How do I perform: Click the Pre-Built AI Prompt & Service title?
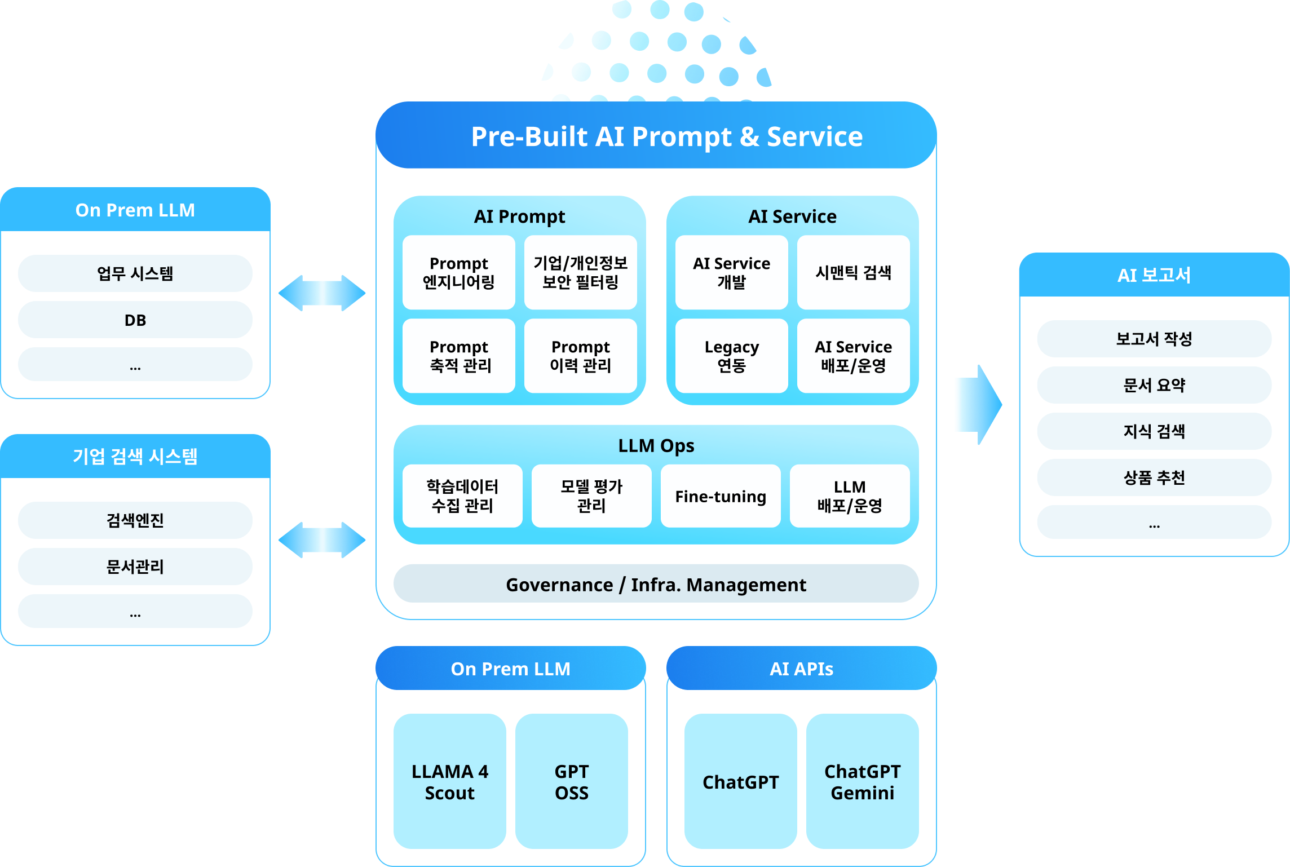[666, 136]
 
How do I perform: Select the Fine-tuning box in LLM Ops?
[721, 496]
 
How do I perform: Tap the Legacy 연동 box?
[731, 356]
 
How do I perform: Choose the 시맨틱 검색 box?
[853, 272]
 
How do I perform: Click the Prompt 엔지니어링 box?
[458, 272]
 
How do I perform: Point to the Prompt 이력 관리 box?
[580, 356]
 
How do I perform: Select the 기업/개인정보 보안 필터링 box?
[580, 272]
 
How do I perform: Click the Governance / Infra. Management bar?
[656, 584]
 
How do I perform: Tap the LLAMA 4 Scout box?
[449, 781]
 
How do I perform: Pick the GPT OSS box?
[571, 781]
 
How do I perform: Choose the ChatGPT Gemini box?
[862, 781]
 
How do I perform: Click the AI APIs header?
[801, 669]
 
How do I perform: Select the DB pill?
[135, 320]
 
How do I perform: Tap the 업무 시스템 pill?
[135, 273]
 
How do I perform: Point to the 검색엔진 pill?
[135, 520]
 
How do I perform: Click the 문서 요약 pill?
[1154, 385]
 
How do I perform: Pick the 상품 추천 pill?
[1154, 477]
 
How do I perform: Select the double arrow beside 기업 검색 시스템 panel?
[322, 540]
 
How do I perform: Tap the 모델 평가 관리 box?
[591, 496]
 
